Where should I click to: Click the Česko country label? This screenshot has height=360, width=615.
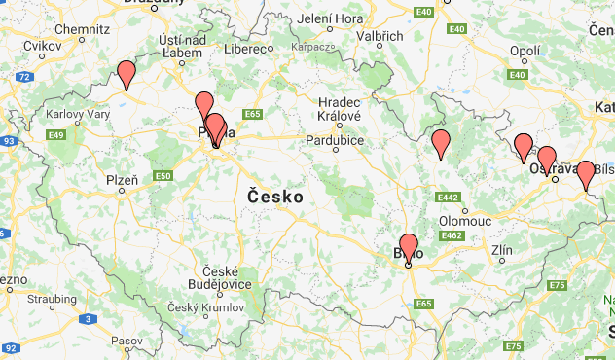(275, 197)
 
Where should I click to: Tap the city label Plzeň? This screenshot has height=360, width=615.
(123, 180)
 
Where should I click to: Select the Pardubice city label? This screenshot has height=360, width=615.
(336, 140)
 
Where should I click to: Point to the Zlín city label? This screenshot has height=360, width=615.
(502, 251)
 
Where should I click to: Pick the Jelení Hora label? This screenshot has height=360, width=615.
(329, 18)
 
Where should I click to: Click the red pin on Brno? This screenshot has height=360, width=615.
(409, 248)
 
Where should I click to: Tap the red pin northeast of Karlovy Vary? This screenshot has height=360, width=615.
(126, 74)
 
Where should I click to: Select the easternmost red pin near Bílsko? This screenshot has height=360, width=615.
(586, 174)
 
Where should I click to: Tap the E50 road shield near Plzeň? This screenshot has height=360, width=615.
(163, 176)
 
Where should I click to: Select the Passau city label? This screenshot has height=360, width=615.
(127, 342)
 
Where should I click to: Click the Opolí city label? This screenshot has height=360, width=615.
(525, 50)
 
